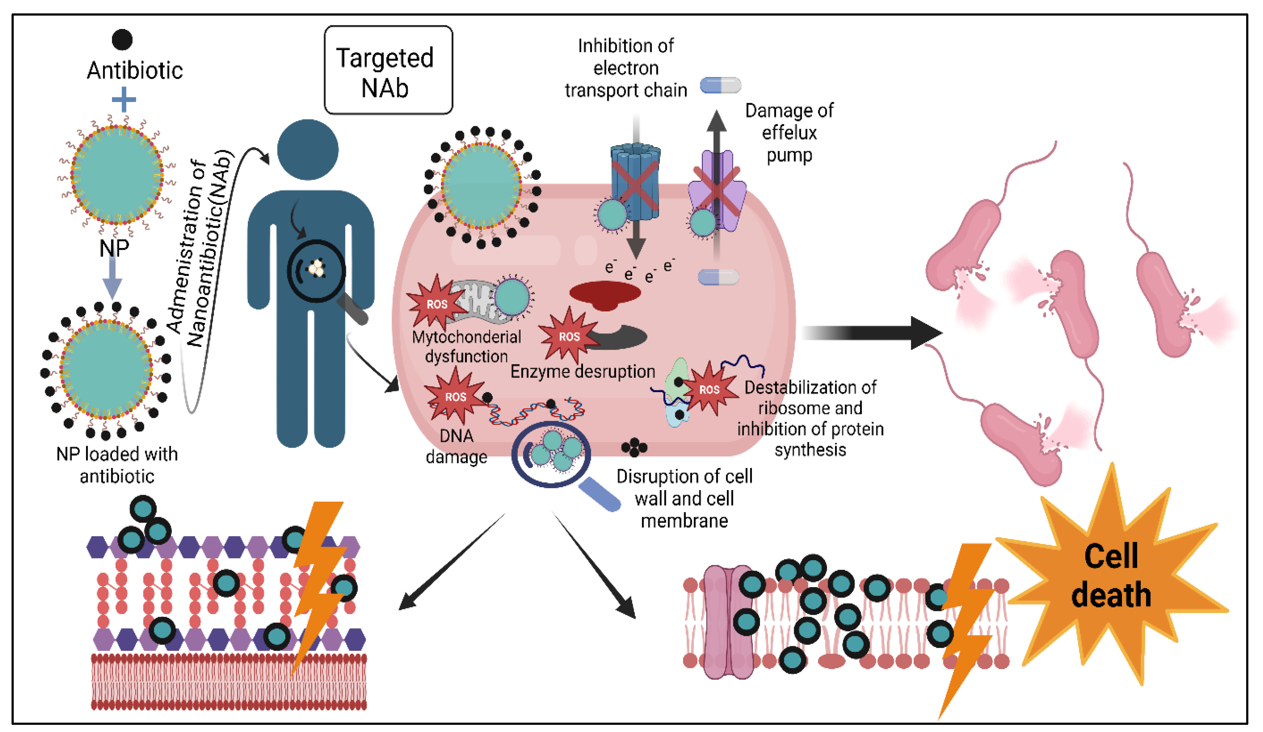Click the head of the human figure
[308, 149]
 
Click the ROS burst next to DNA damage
[455, 397]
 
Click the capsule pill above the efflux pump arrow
[720, 85]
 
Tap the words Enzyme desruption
[583, 371]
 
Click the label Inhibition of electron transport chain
[626, 68]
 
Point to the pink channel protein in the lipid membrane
[728, 622]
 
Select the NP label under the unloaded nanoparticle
[114, 248]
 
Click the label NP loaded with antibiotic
[117, 465]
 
